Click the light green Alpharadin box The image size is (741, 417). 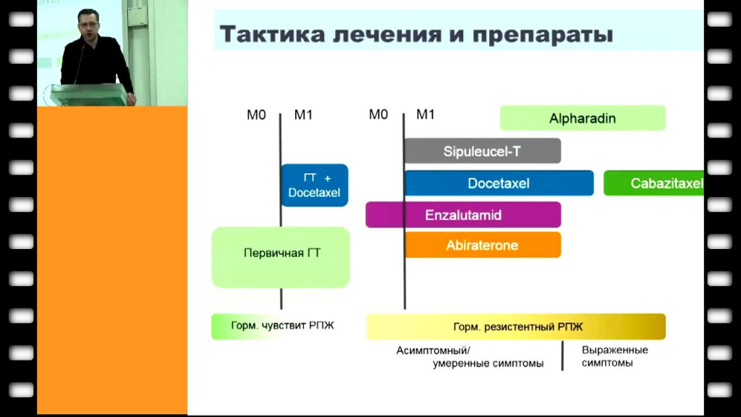[583, 118]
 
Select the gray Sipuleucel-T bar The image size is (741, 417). [483, 151]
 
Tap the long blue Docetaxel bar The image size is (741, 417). [499, 183]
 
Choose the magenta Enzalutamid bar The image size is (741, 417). [463, 215]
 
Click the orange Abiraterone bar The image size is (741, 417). [483, 245]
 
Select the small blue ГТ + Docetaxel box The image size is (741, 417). [314, 185]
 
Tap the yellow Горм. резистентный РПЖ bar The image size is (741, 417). [516, 327]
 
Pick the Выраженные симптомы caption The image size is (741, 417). [614, 356]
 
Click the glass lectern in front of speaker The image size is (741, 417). [87, 94]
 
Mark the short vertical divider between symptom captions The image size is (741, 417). [562, 355]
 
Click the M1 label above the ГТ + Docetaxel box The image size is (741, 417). [303, 115]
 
